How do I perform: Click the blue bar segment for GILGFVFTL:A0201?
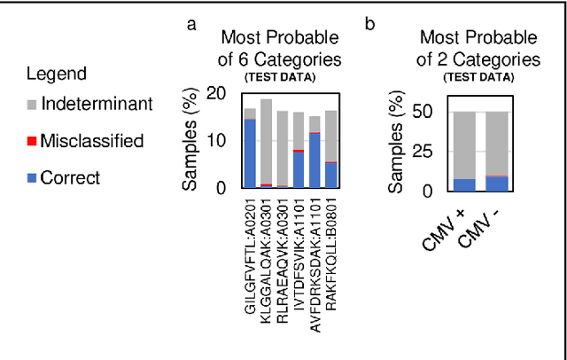click(250, 153)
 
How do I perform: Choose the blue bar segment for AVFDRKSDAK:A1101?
click(315, 160)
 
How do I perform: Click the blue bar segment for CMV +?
click(464, 184)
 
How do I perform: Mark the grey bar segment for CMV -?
click(497, 142)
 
